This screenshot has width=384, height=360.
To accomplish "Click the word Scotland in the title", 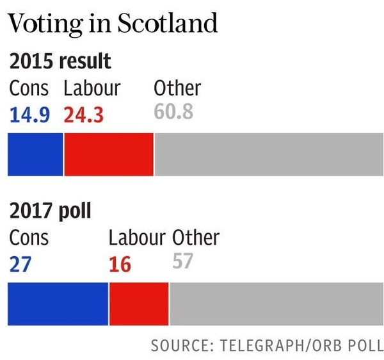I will pos(168,23).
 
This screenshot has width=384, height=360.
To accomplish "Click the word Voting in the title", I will pos(48,24).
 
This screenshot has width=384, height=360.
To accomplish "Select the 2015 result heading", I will pos(60,61).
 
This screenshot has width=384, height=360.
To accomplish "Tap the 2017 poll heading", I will pos(50,211).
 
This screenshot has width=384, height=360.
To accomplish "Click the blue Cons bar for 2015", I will pos(35,154).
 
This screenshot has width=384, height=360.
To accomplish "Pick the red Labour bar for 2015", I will pos(109,154).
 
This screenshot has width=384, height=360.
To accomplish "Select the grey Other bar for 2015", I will pos(269,154).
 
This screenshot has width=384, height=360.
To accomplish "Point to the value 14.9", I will pos(29,115).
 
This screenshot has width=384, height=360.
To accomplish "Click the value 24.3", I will pos(84,115).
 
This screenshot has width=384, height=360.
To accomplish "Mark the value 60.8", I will pos(173,113).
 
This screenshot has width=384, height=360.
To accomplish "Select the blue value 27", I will pos(21,264).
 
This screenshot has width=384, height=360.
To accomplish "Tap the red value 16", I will pos(120,264).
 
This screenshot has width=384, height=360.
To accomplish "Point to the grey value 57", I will pos(183,261).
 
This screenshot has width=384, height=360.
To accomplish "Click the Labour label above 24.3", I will pos(92,88).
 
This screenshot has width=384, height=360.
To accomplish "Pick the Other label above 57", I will pos(195,238).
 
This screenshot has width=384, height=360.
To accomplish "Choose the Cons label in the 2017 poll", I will pos(29,238).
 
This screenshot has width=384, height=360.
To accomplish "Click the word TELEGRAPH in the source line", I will pos(257,345).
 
